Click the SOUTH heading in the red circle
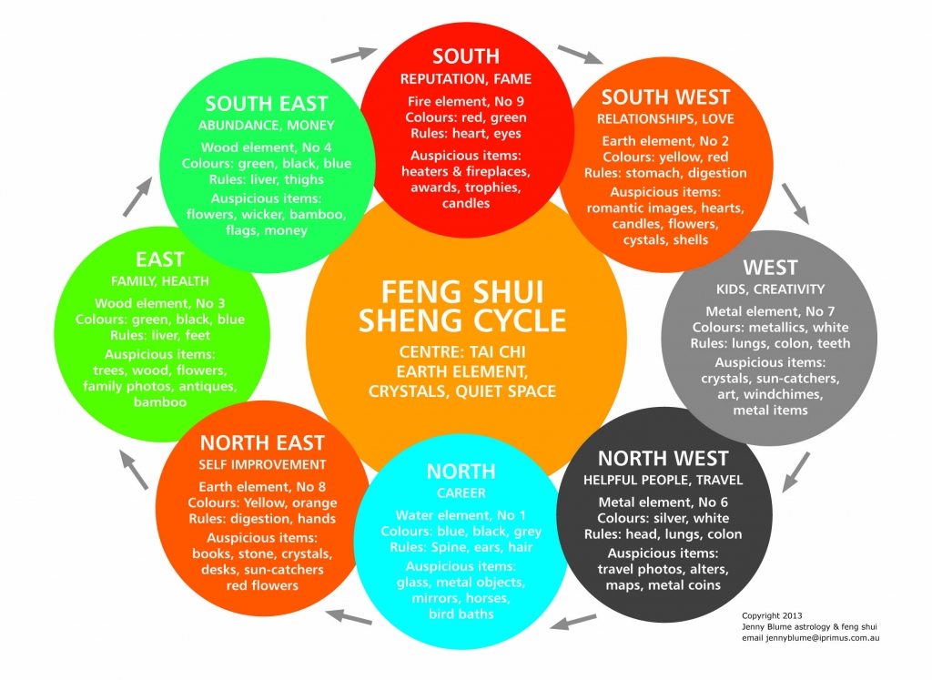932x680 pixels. click(465, 56)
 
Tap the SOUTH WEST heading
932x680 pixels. click(665, 96)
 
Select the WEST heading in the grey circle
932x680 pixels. click(770, 268)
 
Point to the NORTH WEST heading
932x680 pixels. click(663, 458)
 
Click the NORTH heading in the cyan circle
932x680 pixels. click(461, 472)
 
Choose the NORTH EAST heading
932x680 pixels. click(262, 442)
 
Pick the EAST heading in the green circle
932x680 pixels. click(160, 259)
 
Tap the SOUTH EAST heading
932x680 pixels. click(267, 104)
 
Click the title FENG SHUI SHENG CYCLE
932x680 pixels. click(461, 306)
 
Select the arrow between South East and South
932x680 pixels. click(354, 56)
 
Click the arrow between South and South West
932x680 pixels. click(580, 54)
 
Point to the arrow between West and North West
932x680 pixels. click(795, 472)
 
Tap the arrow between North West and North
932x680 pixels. click(573, 622)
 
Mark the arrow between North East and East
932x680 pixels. click(134, 469)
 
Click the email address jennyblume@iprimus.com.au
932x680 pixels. click(810, 638)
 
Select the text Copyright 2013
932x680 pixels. click(772, 615)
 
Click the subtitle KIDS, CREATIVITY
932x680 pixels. click(770, 289)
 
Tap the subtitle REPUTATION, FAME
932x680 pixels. click(465, 79)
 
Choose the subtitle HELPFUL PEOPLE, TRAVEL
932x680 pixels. click(663, 481)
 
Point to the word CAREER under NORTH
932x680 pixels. click(461, 492)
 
